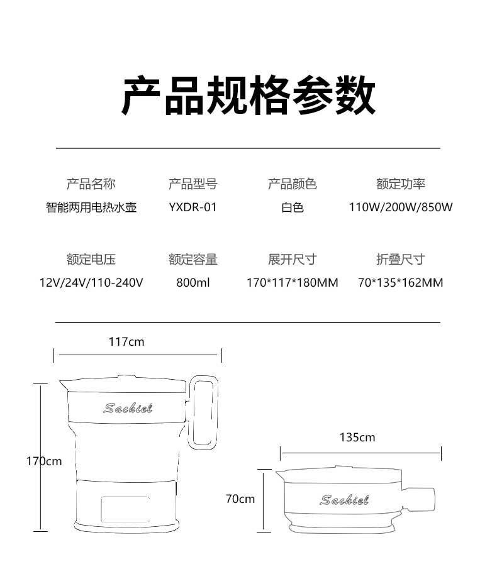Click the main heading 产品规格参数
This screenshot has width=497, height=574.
(x=248, y=96)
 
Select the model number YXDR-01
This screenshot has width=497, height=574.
(x=193, y=207)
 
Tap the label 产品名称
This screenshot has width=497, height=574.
(x=91, y=184)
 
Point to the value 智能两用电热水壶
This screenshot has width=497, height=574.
(x=91, y=207)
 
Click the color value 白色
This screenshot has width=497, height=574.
(x=292, y=207)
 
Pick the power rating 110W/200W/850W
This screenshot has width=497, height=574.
(x=401, y=207)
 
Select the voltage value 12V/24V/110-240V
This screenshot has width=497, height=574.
(x=91, y=282)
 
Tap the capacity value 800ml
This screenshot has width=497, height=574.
(x=193, y=282)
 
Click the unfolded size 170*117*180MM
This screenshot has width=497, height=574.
(x=292, y=282)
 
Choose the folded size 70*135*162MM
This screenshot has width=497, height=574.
(x=401, y=282)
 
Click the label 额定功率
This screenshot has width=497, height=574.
(x=401, y=184)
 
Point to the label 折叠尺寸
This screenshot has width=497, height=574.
(x=401, y=259)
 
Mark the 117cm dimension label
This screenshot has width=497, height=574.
(x=126, y=341)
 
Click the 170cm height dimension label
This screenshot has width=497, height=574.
(x=44, y=461)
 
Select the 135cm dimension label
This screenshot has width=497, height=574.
(x=357, y=437)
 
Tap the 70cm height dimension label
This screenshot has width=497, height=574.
(x=240, y=499)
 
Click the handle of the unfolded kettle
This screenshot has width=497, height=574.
(x=204, y=412)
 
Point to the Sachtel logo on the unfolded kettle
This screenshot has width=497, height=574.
(x=128, y=408)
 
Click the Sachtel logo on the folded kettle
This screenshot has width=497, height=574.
(x=344, y=500)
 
